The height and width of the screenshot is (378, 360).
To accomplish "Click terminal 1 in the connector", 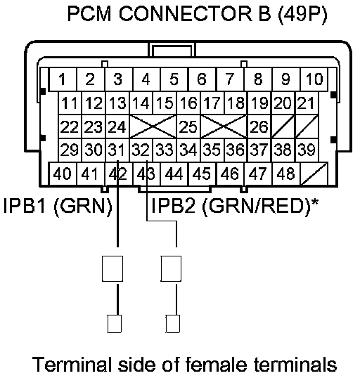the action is click(63, 79).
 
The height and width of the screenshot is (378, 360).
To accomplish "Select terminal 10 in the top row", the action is click(314, 79).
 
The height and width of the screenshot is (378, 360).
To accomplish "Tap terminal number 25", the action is click(188, 126).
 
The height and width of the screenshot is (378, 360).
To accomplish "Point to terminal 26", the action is click(259, 126).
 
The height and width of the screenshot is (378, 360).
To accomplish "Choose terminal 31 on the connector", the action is click(117, 150).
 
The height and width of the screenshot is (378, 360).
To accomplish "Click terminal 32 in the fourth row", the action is click(141, 150).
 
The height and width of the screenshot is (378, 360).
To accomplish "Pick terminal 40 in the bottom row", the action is click(63, 174).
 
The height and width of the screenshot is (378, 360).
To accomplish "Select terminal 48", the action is click(286, 174).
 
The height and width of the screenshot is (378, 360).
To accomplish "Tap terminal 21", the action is click(307, 103).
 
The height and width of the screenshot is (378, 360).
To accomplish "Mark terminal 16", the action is click(188, 103).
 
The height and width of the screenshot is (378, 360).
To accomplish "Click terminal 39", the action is click(307, 150).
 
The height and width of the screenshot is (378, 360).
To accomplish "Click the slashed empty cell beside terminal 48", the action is click(314, 174).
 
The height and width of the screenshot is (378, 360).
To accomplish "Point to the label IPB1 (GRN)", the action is click(58, 206).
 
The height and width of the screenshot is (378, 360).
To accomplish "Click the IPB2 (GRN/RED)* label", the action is click(235, 206).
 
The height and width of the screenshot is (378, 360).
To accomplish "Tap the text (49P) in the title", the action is click(303, 15).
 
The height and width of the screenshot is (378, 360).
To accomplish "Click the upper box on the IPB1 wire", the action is click(112, 268).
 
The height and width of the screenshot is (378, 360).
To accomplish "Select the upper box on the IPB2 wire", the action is click(171, 268).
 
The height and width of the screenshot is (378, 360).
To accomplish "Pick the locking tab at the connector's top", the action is click(172, 50).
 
